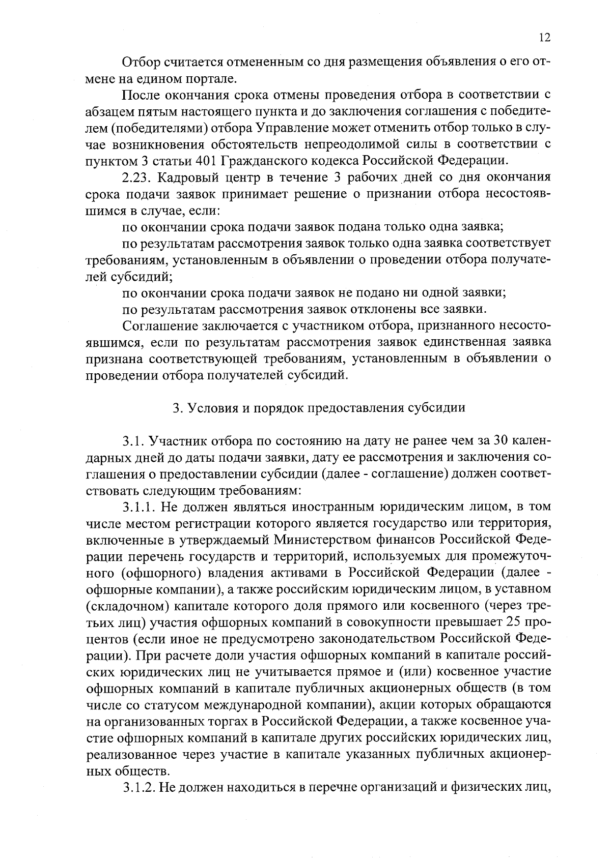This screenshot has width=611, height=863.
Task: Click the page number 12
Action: coord(544,37)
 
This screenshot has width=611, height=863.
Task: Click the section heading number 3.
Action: coord(176,408)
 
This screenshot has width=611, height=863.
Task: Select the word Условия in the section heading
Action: coord(209,408)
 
